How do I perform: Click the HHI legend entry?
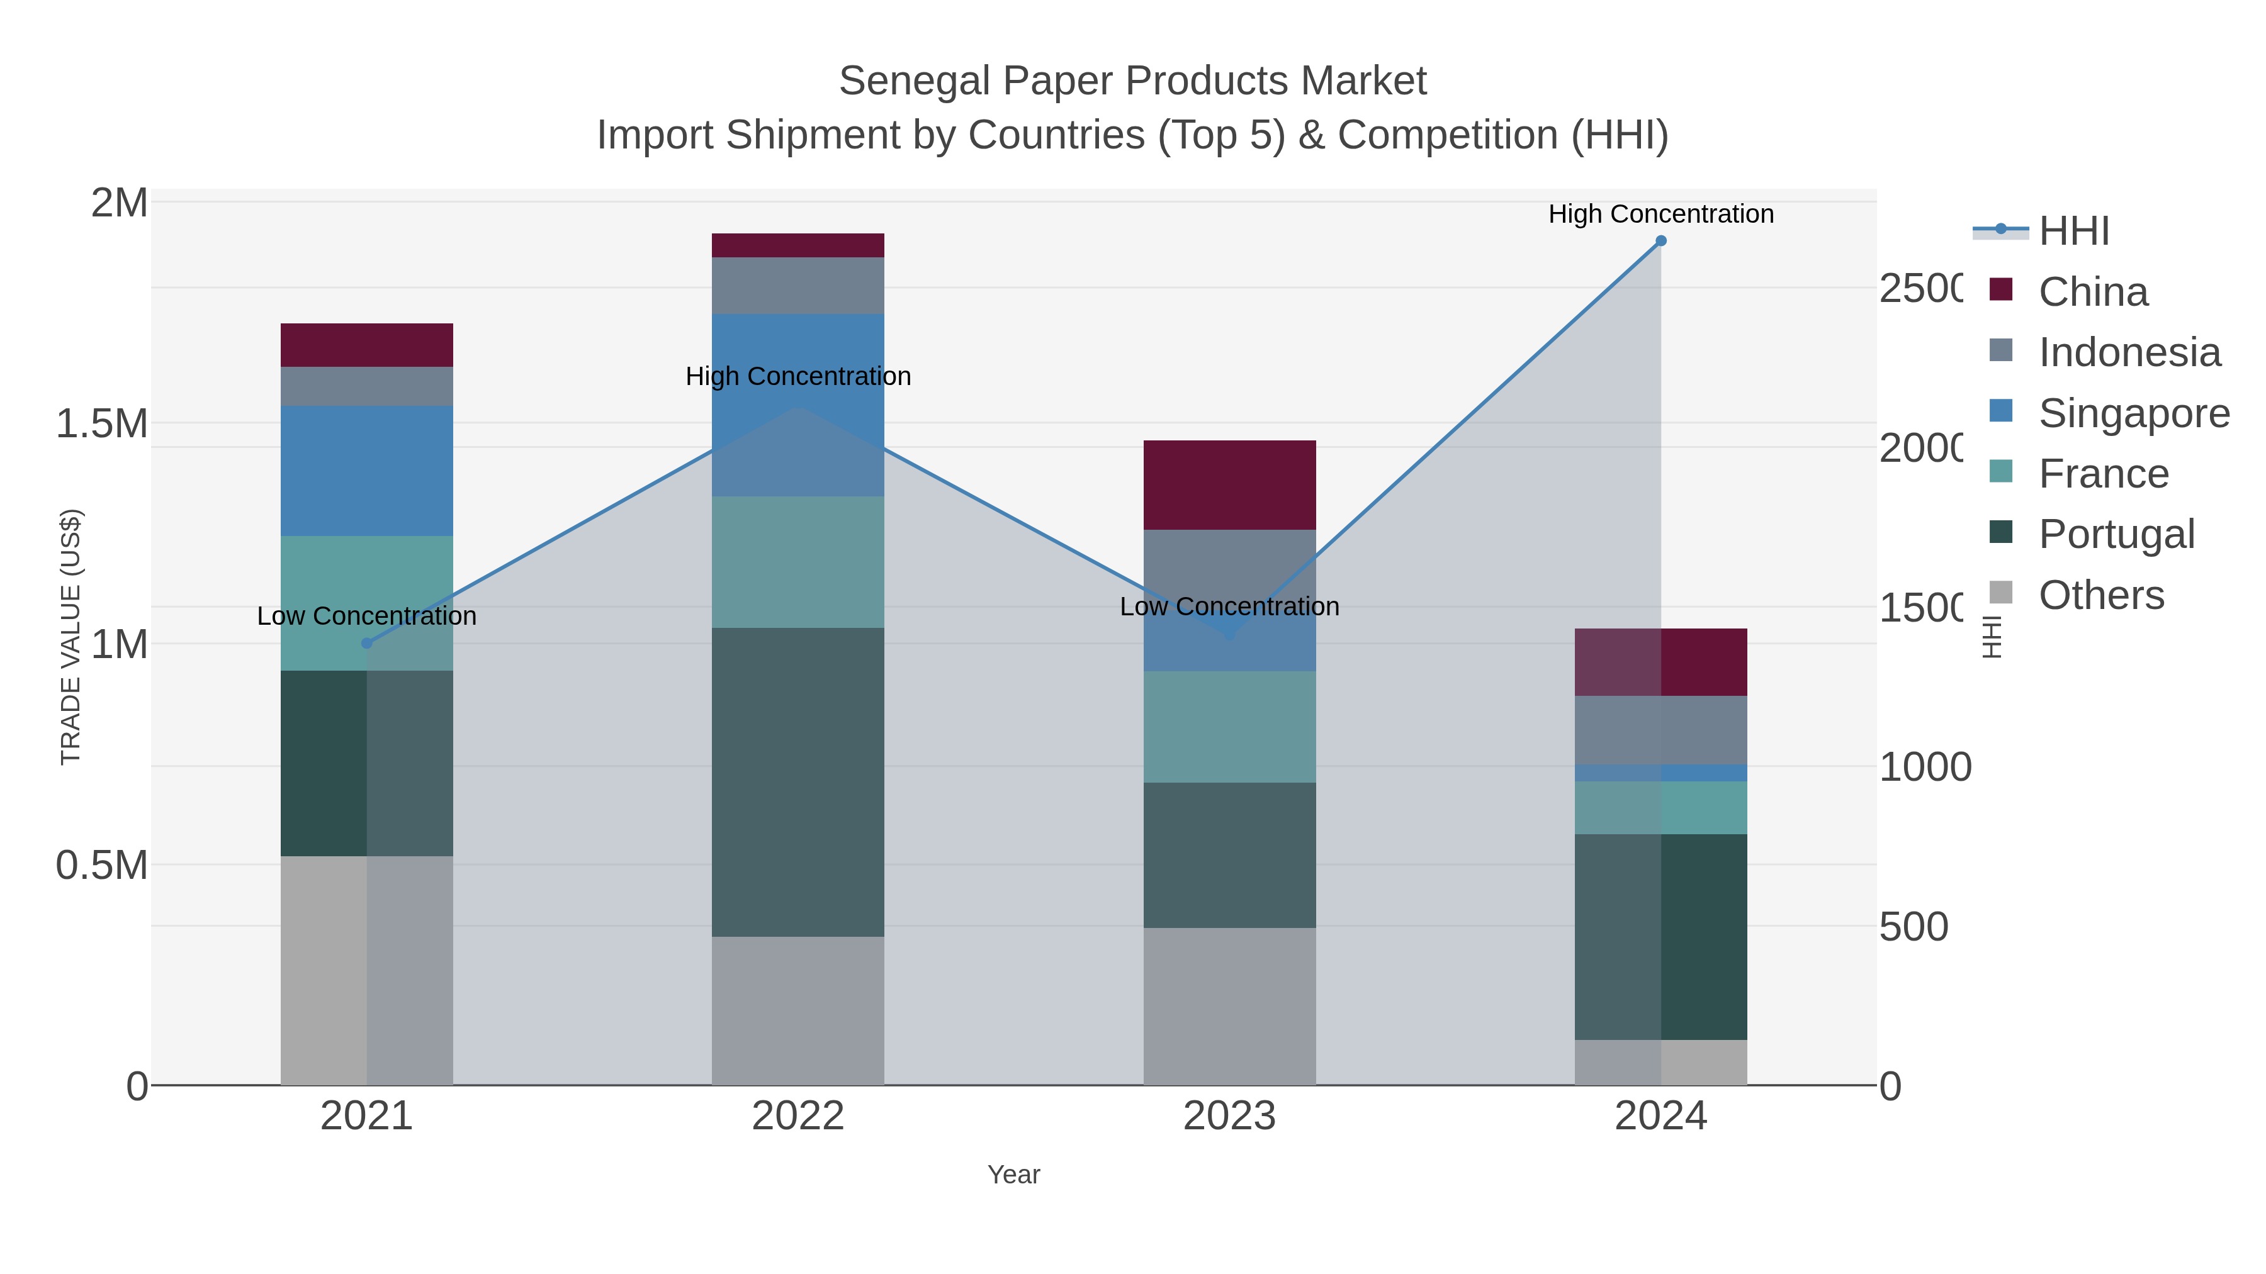click(x=2073, y=232)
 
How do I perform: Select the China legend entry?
click(x=2093, y=292)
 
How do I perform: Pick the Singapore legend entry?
click(x=2133, y=413)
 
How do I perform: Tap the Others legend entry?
click(x=2100, y=595)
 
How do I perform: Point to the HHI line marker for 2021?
click(x=367, y=644)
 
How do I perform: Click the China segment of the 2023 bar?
click(x=1229, y=484)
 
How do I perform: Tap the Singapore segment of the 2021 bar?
click(x=367, y=471)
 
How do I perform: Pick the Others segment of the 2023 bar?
click(x=1229, y=1006)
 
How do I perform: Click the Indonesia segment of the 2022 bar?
click(x=798, y=285)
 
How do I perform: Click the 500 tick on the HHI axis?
click(x=1914, y=927)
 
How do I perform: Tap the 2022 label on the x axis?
click(x=798, y=1115)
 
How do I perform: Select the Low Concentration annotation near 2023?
click(x=1229, y=606)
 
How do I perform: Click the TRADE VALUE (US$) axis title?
click(x=70, y=637)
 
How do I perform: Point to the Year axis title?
click(x=1013, y=1175)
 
